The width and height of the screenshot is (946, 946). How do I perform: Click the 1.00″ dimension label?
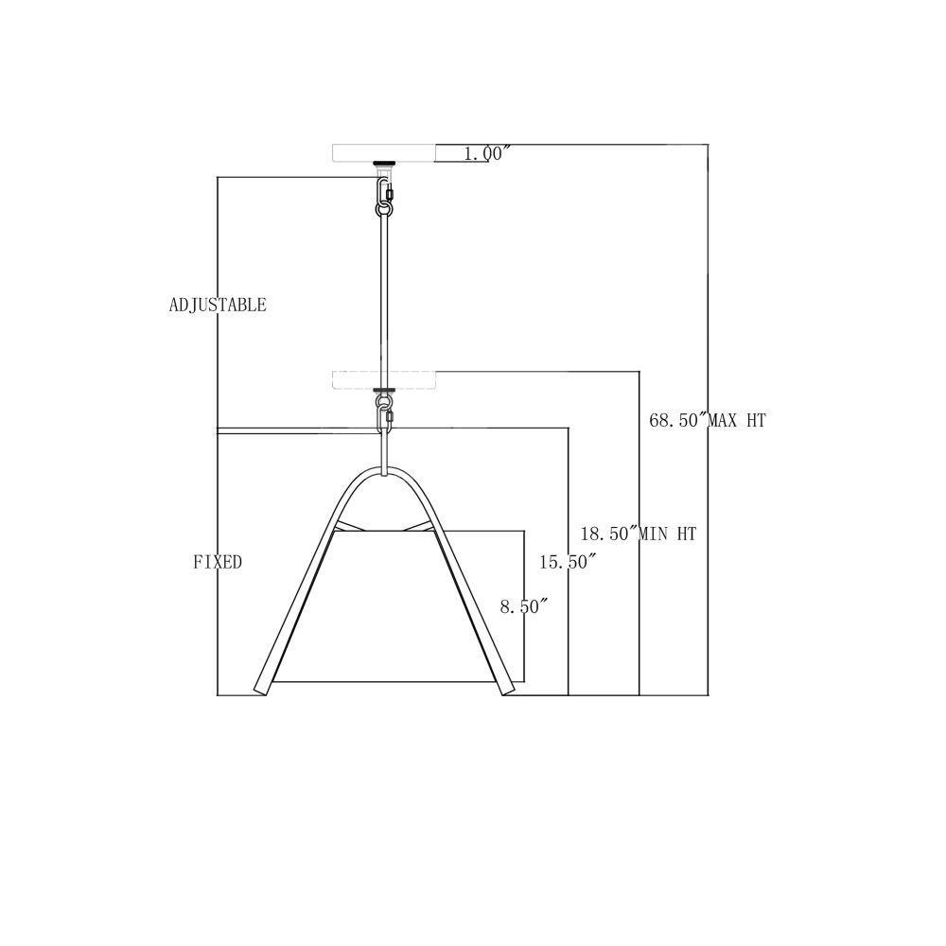pyautogui.click(x=487, y=154)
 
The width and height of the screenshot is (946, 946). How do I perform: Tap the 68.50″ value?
pyautogui.click(x=677, y=420)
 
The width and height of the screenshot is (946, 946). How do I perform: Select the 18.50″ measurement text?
pyautogui.click(x=608, y=534)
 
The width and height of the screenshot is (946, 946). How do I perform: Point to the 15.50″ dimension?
pyautogui.click(x=568, y=562)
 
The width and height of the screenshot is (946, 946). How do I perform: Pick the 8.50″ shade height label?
pyautogui.click(x=524, y=606)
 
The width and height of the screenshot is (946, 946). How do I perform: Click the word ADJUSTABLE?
pyautogui.click(x=218, y=305)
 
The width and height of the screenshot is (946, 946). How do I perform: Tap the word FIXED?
pyautogui.click(x=218, y=562)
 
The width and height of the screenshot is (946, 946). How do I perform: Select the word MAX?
pyautogui.click(x=722, y=420)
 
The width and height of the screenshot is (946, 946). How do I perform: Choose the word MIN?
pyautogui.click(x=654, y=534)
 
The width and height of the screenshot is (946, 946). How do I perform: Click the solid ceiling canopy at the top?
pyautogui.click(x=384, y=153)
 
